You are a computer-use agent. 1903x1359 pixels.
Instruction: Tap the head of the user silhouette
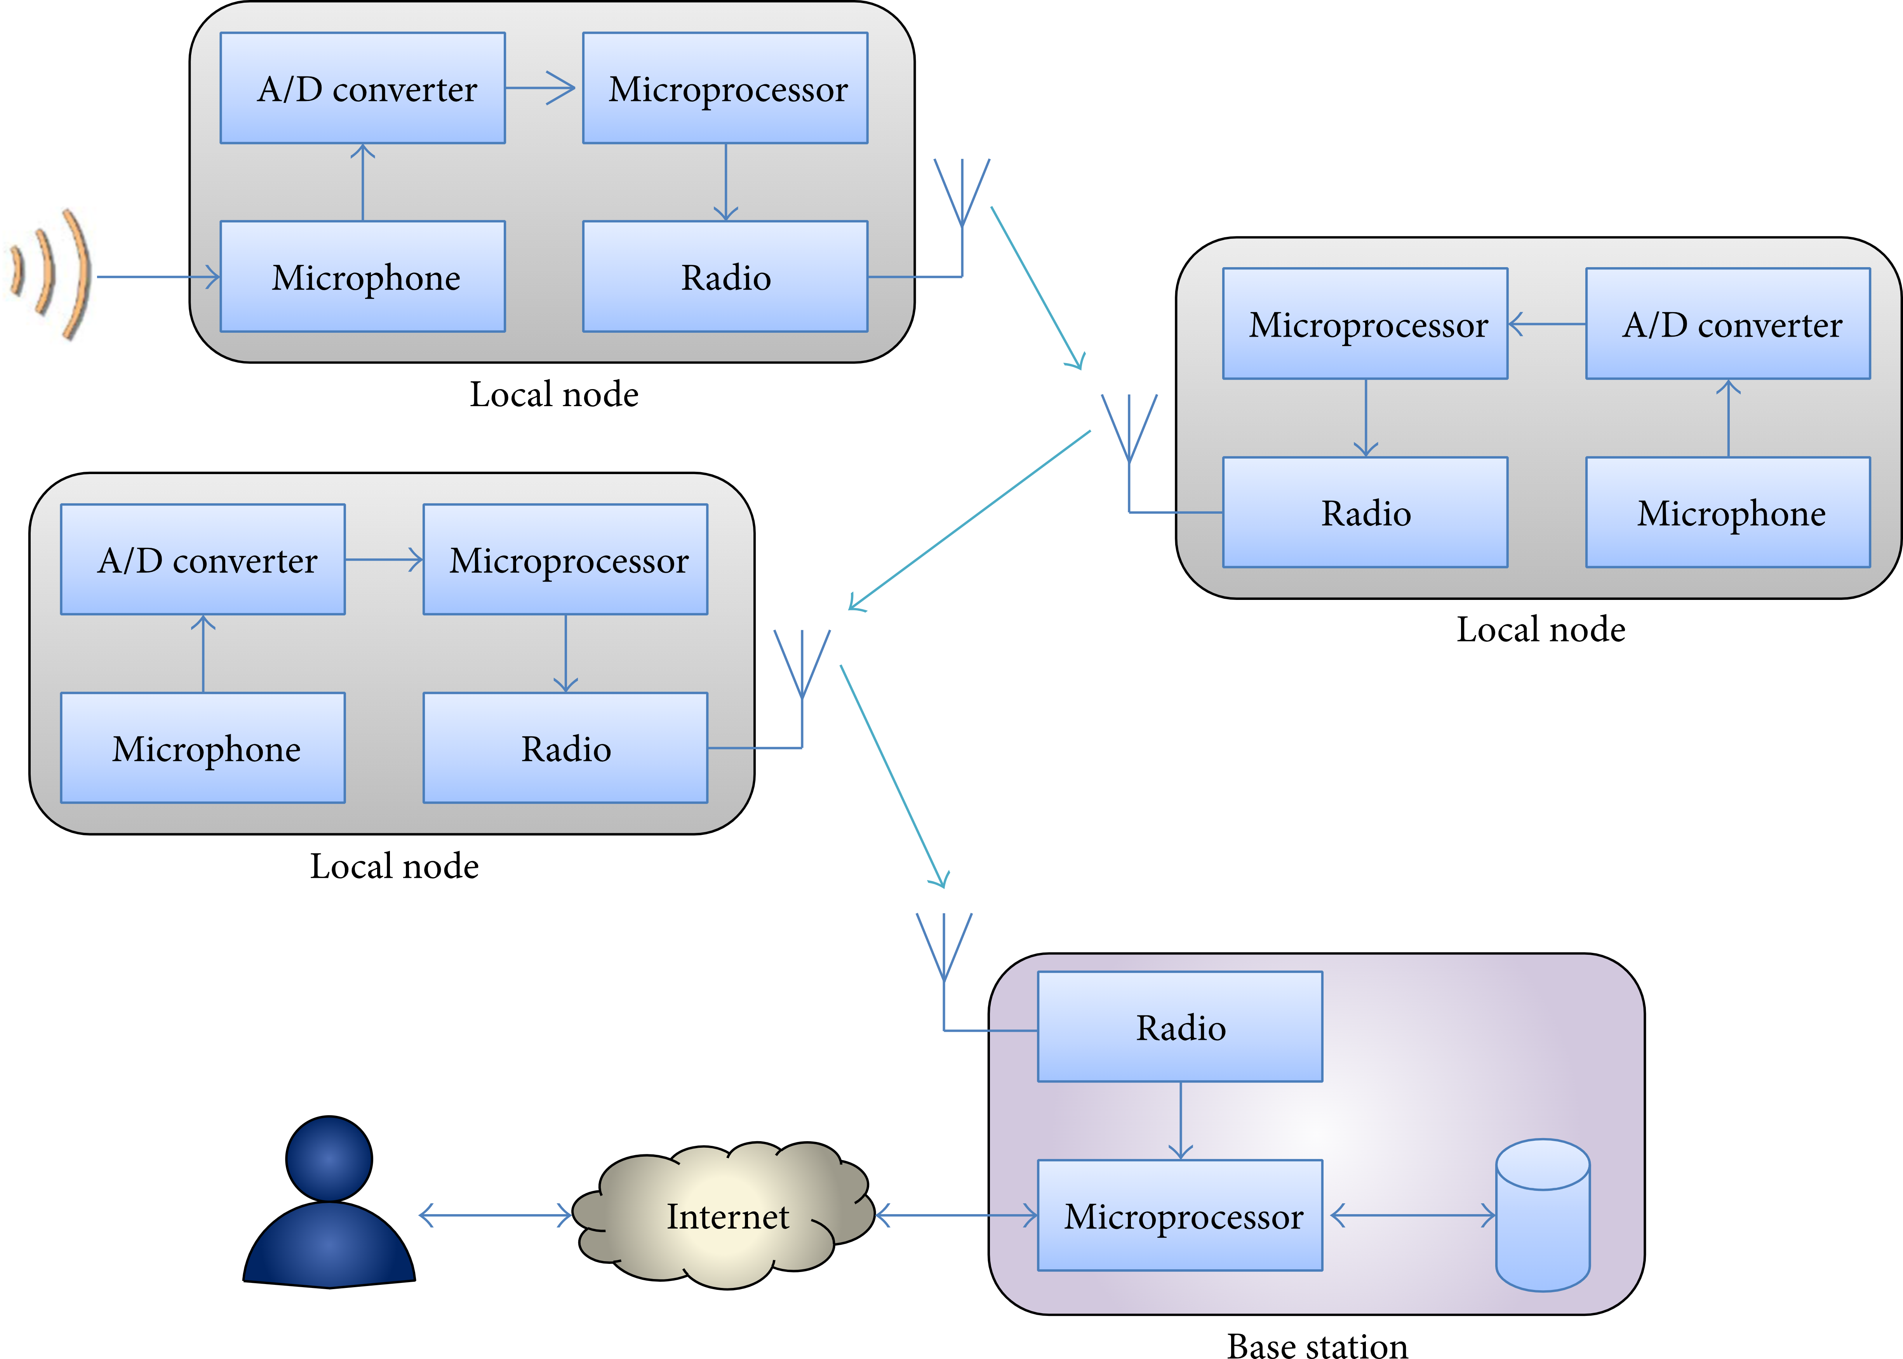329,1159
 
